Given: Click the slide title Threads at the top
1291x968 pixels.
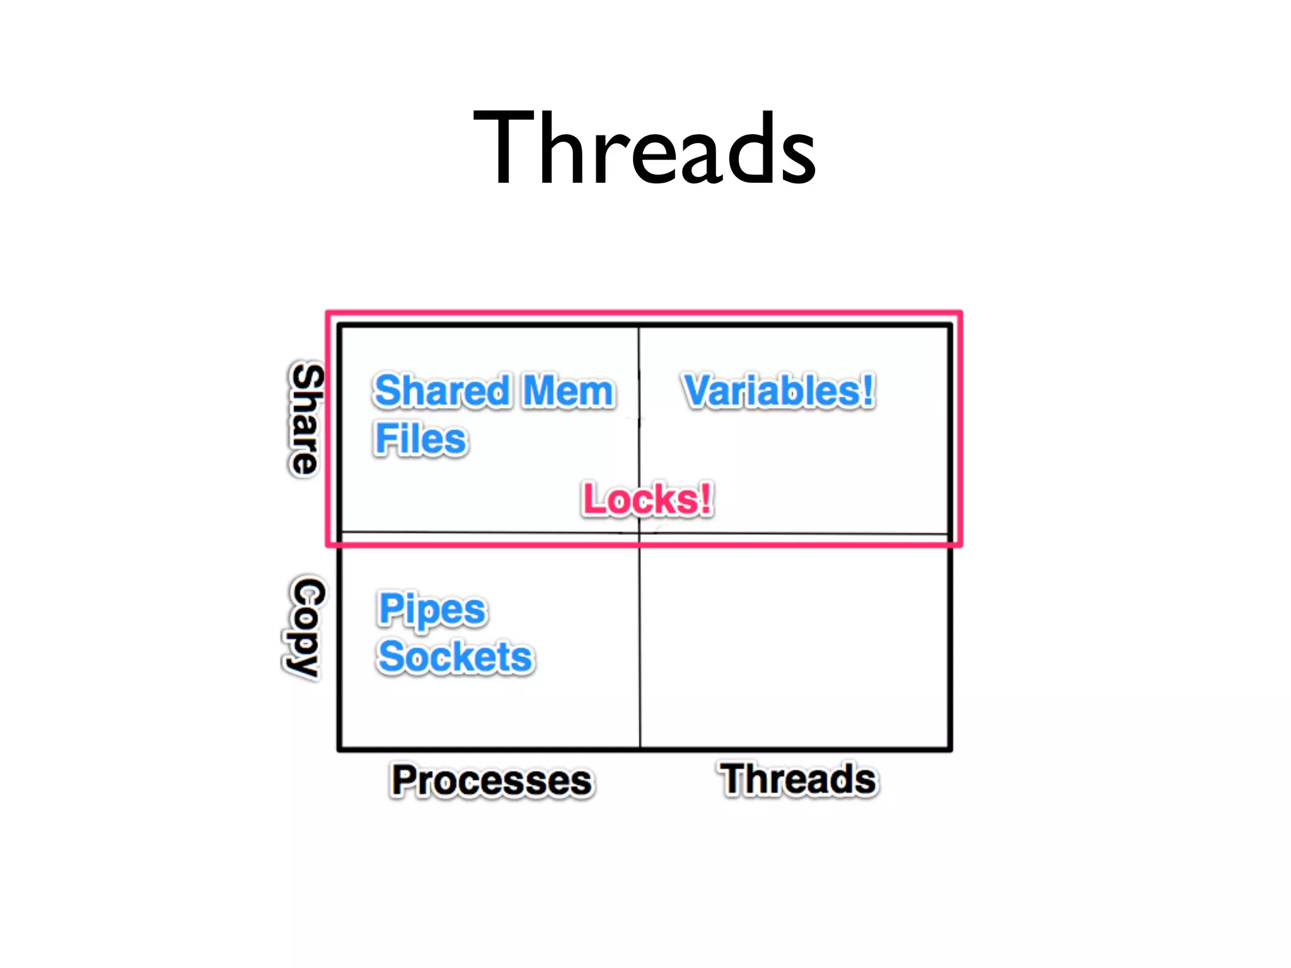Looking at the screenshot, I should click(x=644, y=149).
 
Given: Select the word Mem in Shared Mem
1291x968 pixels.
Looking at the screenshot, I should click(x=568, y=391).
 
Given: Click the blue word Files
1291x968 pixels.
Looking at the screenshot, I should click(x=420, y=439).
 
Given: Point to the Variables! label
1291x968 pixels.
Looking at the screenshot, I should click(x=779, y=391).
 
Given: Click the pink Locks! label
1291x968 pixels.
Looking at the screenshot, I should click(x=647, y=499).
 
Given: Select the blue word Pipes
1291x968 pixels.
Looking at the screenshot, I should click(x=432, y=609).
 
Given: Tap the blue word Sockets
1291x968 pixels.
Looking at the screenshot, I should click(x=455, y=657).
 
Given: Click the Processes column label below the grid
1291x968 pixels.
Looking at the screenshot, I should click(x=492, y=780).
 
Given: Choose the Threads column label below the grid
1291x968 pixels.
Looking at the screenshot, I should click(x=798, y=779).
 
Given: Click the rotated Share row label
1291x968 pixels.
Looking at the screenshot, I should click(x=306, y=419).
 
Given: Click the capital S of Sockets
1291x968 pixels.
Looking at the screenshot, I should click(x=392, y=657).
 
